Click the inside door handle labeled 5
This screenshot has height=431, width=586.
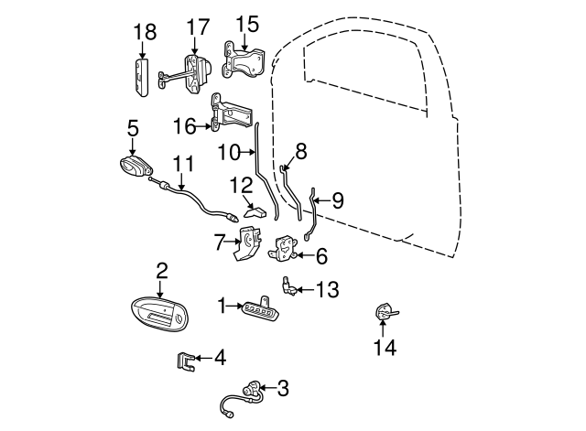click(x=136, y=168)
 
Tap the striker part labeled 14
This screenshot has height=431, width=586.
click(x=383, y=313)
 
